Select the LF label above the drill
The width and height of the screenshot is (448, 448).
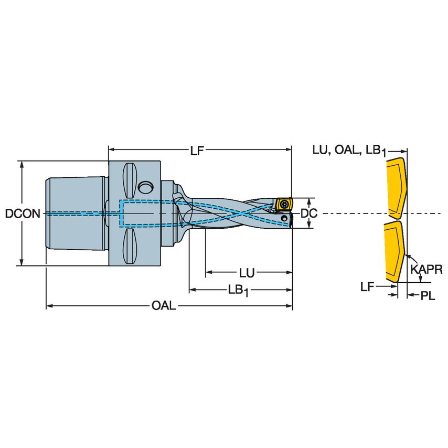197,151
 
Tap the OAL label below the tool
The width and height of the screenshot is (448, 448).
164,306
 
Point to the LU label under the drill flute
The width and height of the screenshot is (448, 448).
247,273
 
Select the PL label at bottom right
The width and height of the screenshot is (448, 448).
428,295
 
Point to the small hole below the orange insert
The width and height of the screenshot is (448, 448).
284,217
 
